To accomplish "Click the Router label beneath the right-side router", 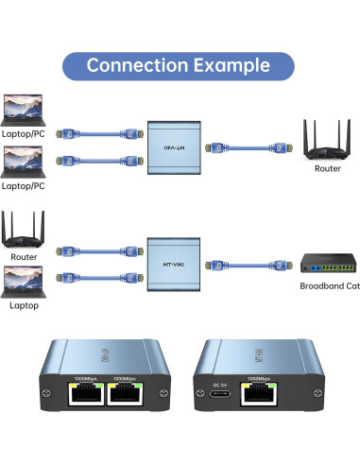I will point(327,169).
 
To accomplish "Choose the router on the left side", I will point(24,232).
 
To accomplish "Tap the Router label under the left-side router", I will point(24,257).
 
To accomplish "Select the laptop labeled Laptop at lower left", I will point(25,280).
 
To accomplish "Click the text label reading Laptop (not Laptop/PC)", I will point(25,306).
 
